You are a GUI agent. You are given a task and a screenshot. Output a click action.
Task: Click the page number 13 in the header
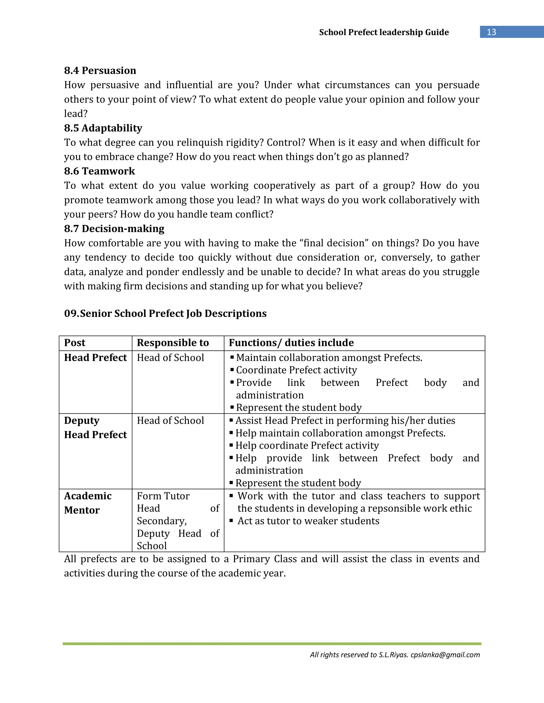click(491, 32)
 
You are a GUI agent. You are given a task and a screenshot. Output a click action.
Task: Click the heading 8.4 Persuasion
click(100, 71)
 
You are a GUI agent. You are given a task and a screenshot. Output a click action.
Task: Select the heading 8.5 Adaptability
click(103, 128)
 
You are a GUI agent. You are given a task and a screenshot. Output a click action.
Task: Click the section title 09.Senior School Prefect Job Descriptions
click(165, 314)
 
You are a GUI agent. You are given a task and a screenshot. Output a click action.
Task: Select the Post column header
click(75, 343)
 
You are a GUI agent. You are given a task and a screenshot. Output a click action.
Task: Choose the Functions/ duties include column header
click(291, 343)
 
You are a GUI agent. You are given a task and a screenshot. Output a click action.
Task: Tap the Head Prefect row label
click(95, 358)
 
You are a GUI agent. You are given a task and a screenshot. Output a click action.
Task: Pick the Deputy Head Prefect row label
click(95, 428)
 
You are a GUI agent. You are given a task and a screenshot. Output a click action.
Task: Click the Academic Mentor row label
click(88, 503)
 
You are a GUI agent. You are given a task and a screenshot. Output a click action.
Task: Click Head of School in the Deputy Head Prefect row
click(170, 421)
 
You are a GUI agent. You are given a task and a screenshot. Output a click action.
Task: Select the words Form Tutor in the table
click(163, 496)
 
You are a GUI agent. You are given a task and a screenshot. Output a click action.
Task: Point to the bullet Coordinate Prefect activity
click(296, 370)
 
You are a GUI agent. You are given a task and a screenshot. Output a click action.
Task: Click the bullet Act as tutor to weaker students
click(308, 521)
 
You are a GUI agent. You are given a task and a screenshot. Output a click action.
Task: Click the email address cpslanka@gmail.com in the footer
click(445, 655)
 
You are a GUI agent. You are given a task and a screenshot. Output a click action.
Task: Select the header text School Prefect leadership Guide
click(384, 32)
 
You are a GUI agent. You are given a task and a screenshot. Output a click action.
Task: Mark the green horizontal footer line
click(272, 644)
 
